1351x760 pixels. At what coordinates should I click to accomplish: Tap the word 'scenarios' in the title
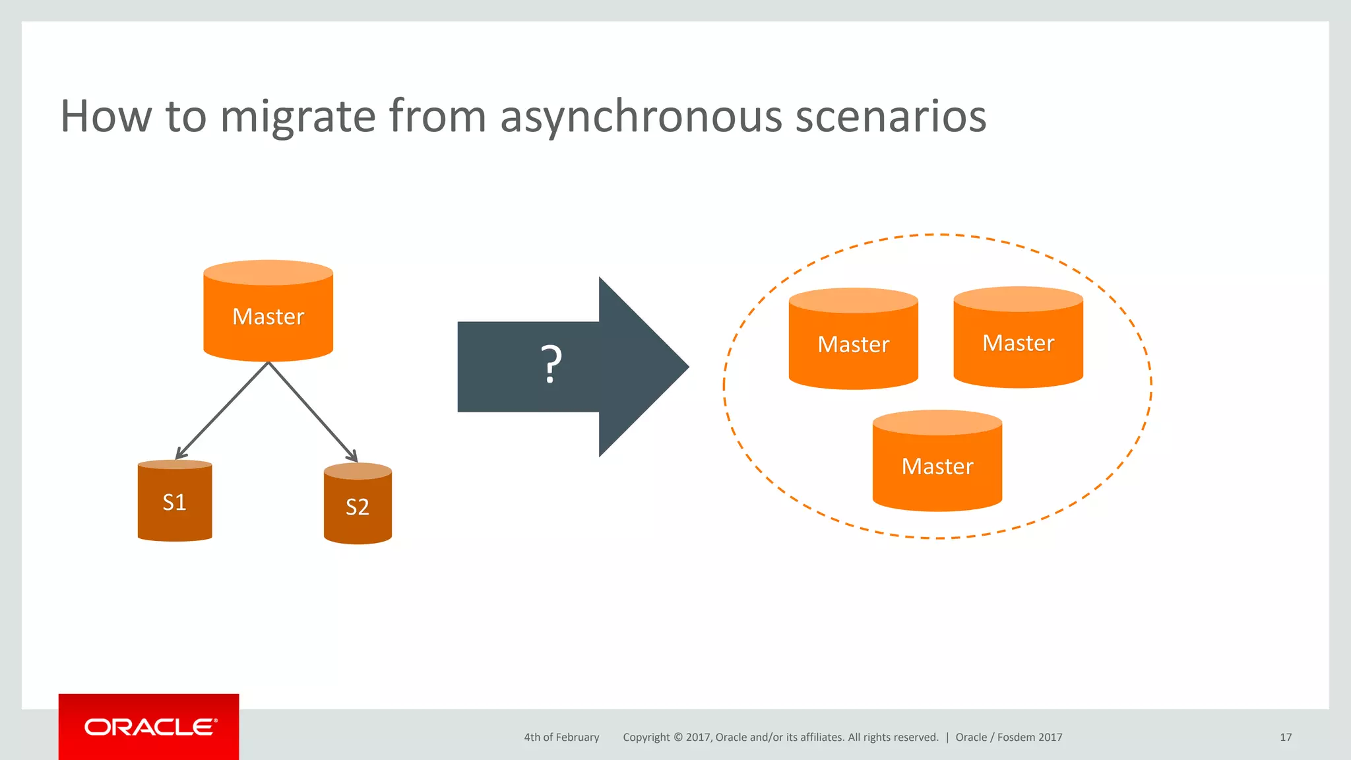pos(891,117)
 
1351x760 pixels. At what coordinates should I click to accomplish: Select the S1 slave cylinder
pos(175,503)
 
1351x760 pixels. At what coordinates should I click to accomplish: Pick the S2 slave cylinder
pos(358,507)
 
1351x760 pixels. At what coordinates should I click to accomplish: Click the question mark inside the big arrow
pos(551,365)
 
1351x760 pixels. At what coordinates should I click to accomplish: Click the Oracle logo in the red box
pos(150,727)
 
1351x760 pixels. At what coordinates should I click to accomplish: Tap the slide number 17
pos(1286,738)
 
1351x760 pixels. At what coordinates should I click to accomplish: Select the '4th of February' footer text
pos(561,738)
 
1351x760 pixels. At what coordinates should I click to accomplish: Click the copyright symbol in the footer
pos(677,738)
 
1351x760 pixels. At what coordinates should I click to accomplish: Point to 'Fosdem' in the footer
pos(1016,738)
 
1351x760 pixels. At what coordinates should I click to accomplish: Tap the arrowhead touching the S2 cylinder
pos(353,457)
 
